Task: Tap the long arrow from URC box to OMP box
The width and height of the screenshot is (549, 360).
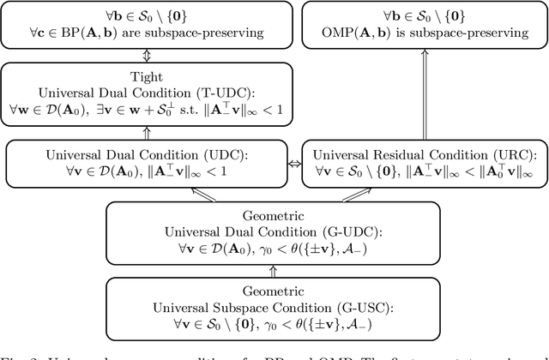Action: click(x=423, y=95)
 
